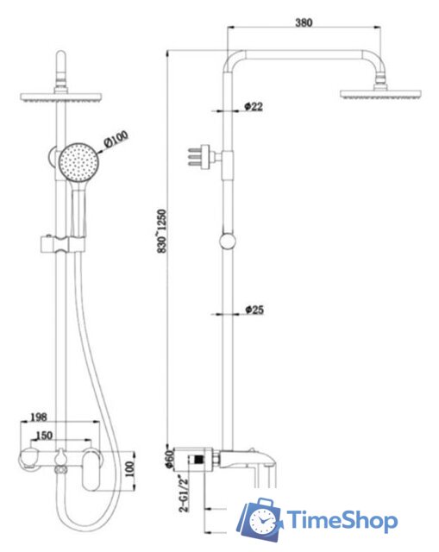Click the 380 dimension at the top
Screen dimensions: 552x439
point(303,23)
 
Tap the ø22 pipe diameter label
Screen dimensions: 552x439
point(254,106)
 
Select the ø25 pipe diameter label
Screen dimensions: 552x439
point(254,309)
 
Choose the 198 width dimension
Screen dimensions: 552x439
point(38,418)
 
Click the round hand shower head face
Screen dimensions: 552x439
point(79,160)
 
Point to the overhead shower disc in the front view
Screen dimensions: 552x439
point(61,97)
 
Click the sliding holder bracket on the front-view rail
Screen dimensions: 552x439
point(60,244)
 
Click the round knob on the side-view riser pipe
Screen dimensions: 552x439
point(228,241)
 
